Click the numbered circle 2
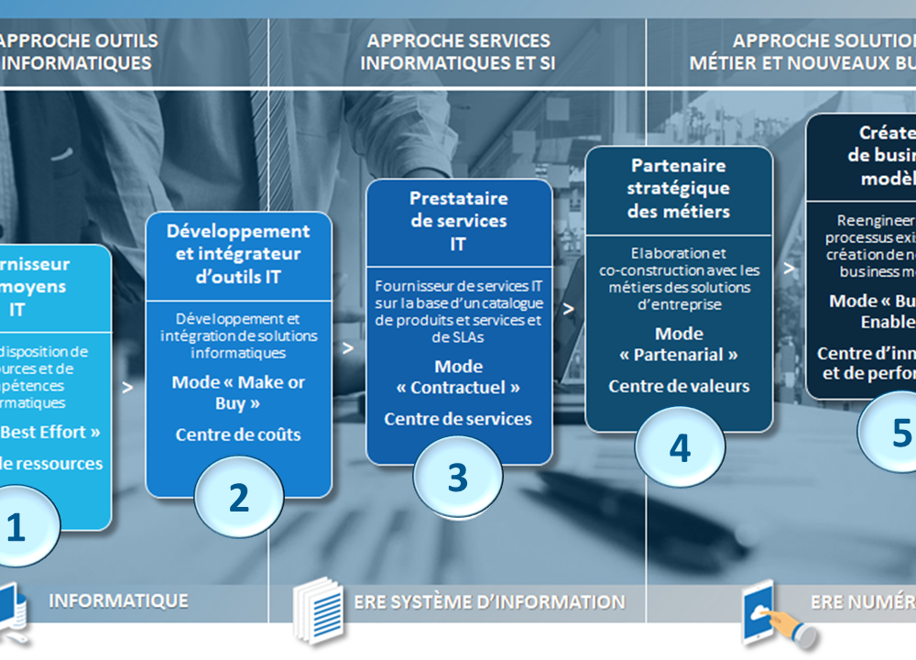pos(239,498)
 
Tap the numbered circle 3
pos(457,477)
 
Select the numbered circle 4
pos(680,448)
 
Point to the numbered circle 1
pos(18,528)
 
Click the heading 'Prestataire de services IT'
pos(458,221)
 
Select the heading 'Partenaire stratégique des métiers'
pos(679,188)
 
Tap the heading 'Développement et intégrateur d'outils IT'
pos(238,254)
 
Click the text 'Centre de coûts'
pos(238,434)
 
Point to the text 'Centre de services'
pos(458,419)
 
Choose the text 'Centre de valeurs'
pos(679,386)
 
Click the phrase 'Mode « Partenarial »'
pos(679,344)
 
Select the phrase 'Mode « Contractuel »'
pos(458,377)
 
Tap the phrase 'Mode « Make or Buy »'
pos(238,392)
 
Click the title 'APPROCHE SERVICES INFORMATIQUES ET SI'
pos(458,52)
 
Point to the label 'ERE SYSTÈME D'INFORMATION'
pos(489,602)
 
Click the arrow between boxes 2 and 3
pos(347,348)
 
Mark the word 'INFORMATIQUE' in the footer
pos(118,601)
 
